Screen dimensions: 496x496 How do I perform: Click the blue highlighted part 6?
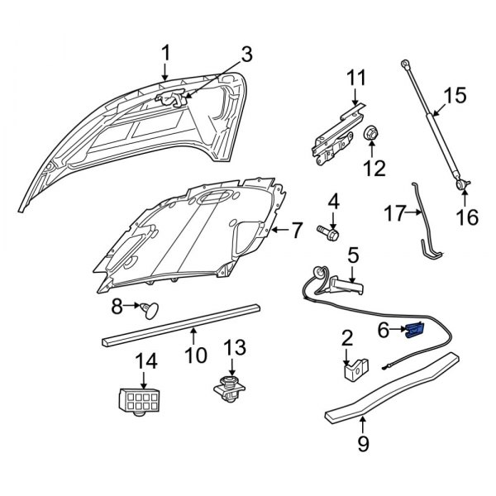414,331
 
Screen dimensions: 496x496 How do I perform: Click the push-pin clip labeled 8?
150,310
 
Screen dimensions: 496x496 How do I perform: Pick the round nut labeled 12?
371,134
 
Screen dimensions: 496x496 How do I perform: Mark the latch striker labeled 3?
171,99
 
